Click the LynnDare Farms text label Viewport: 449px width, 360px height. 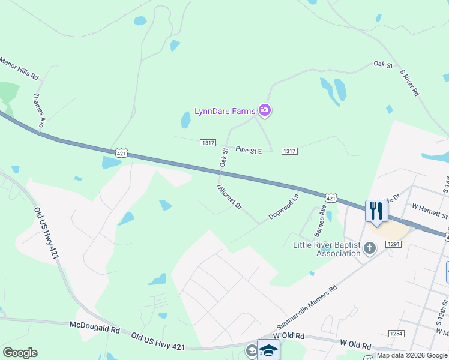pyautogui.click(x=224, y=111)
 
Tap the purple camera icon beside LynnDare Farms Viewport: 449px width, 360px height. pyautogui.click(x=265, y=110)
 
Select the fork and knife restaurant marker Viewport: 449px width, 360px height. pyautogui.click(x=376, y=211)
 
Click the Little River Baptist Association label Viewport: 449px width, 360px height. pyautogui.click(x=326, y=249)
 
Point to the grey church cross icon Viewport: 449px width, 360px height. pyautogui.click(x=370, y=247)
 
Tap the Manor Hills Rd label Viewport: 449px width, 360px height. pyautogui.click(x=19, y=68)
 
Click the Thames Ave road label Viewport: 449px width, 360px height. pyautogui.click(x=39, y=110)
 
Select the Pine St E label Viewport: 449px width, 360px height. pyautogui.click(x=249, y=150)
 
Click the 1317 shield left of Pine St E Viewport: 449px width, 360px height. pyautogui.click(x=208, y=142)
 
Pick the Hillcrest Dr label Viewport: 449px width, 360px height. pyautogui.click(x=229, y=197)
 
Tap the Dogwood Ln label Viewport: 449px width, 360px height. pyautogui.click(x=284, y=206)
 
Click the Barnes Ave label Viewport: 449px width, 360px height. pyautogui.click(x=321, y=220)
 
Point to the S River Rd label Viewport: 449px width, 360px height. pyautogui.click(x=409, y=83)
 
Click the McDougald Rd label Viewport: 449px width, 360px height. pyautogui.click(x=95, y=329)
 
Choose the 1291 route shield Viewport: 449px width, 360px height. pyautogui.click(x=394, y=244)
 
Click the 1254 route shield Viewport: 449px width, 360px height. pyautogui.click(x=396, y=333)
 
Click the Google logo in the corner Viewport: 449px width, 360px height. pyautogui.click(x=20, y=352)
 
